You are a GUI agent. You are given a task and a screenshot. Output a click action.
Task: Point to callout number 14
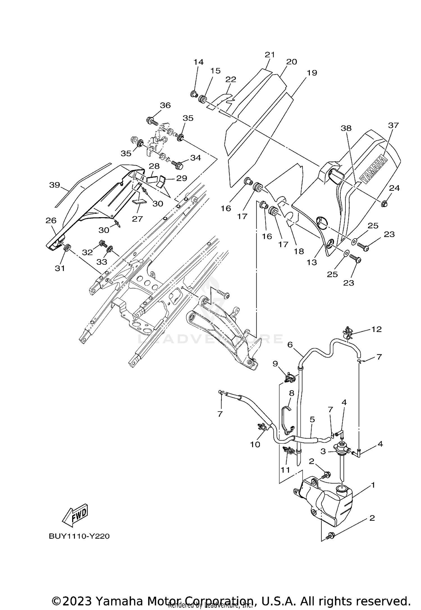click(x=198, y=62)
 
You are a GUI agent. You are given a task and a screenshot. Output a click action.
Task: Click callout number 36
click(x=165, y=105)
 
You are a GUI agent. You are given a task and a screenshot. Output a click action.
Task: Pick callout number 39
click(x=55, y=185)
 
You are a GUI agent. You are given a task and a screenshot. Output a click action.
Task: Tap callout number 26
click(x=51, y=221)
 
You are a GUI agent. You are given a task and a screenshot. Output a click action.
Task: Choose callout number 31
click(x=60, y=268)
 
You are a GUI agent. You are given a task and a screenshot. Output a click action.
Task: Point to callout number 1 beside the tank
click(x=373, y=485)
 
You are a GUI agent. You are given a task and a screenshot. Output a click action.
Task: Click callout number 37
click(x=393, y=125)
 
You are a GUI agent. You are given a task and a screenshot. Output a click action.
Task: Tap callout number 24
click(x=394, y=188)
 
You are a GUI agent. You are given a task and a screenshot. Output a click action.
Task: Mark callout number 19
click(x=312, y=73)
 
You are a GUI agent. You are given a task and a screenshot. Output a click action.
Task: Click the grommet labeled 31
click(x=67, y=248)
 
